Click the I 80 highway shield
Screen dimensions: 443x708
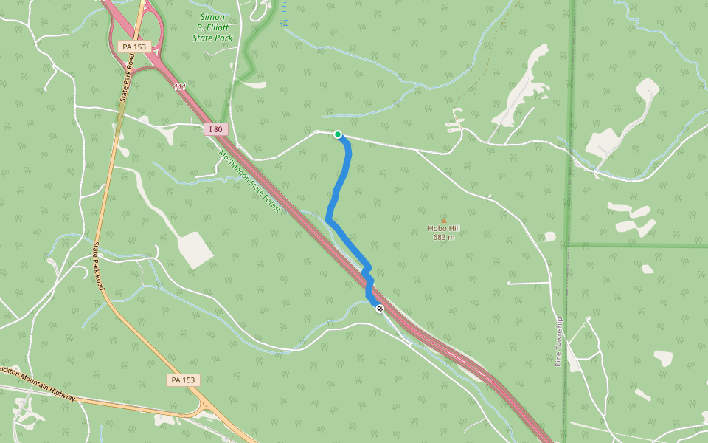(x=215, y=129)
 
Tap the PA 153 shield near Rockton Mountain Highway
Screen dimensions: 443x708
(x=182, y=380)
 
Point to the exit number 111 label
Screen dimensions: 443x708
(x=180, y=87)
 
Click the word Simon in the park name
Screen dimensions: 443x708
(x=212, y=16)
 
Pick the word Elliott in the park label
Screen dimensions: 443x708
(x=218, y=27)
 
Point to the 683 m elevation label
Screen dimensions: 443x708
(x=444, y=237)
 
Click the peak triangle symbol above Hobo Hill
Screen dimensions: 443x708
(x=443, y=220)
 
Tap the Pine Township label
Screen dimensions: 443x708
(x=558, y=342)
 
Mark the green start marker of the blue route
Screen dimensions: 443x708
(x=338, y=134)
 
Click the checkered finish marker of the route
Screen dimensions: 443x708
(x=380, y=309)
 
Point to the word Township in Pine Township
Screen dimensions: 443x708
(x=558, y=334)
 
